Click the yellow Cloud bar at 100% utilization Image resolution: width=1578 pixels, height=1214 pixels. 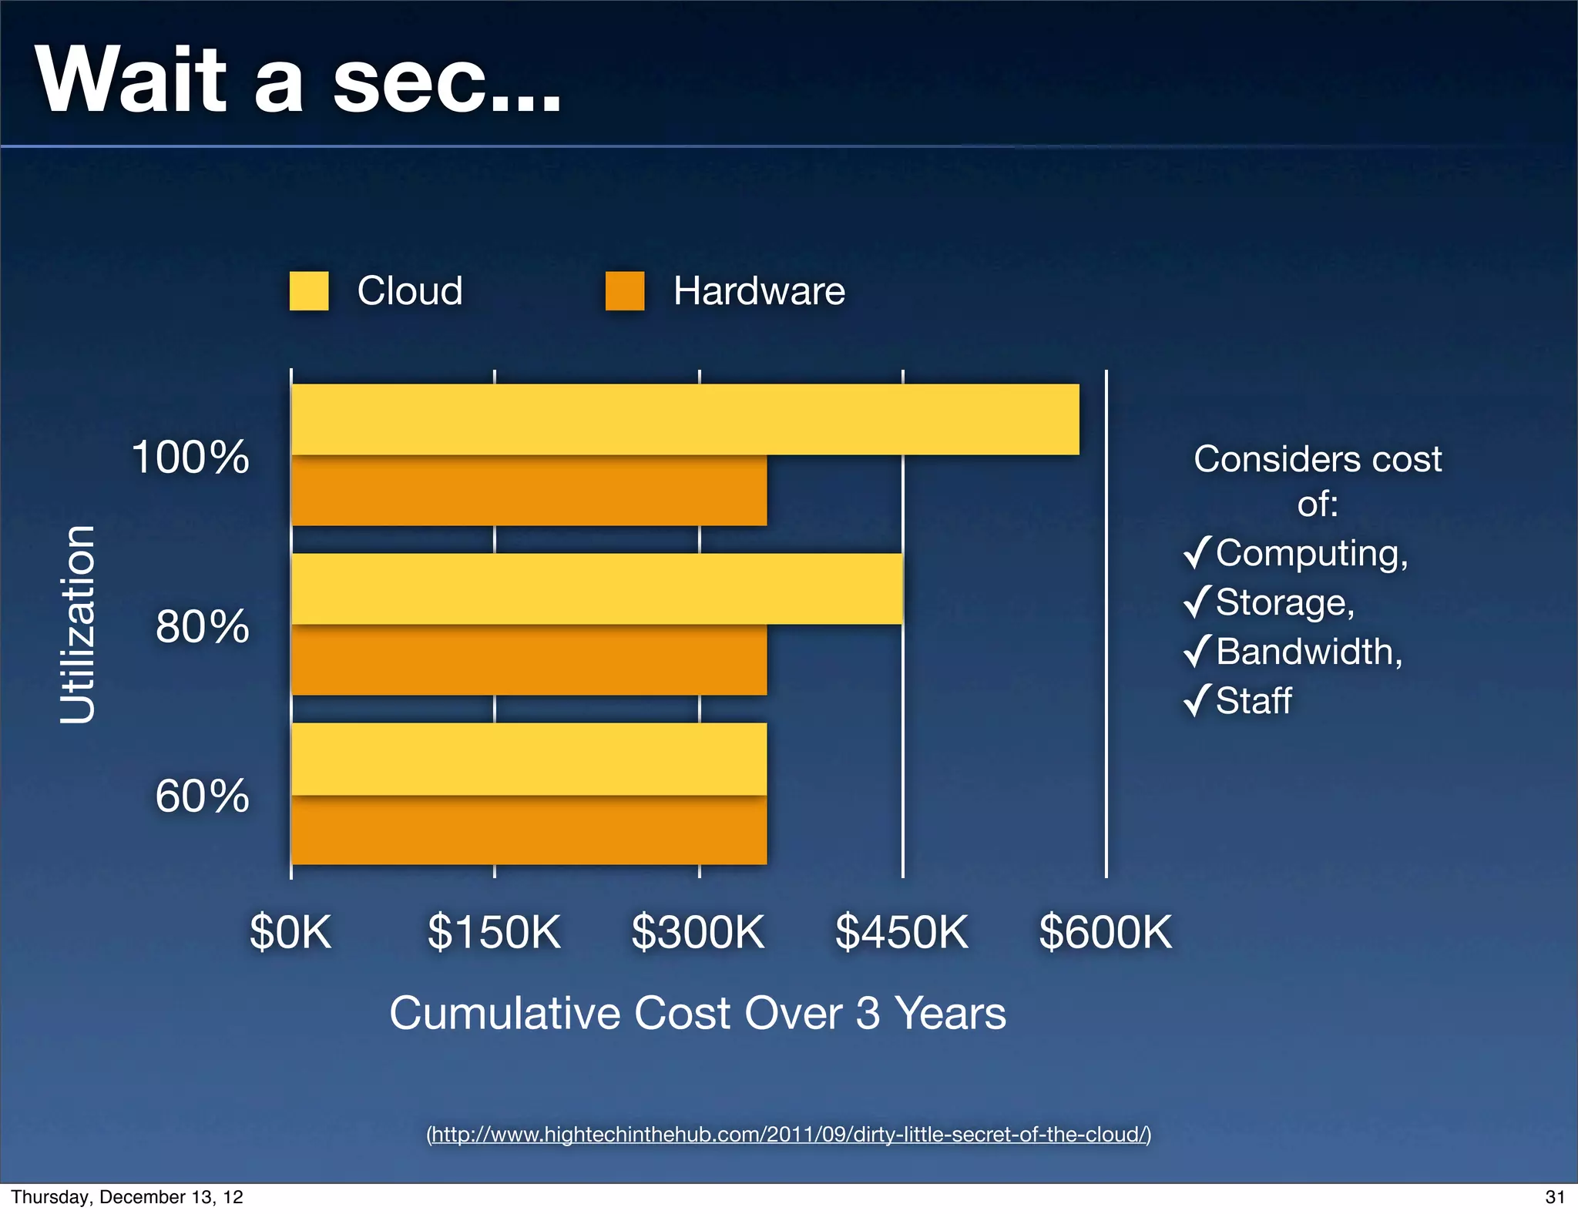click(684, 419)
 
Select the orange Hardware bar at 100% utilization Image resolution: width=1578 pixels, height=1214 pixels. click(529, 491)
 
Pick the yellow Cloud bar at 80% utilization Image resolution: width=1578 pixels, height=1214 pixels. click(596, 589)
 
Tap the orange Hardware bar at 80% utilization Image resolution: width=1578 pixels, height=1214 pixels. click(529, 661)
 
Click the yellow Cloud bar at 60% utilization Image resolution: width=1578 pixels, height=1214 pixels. click(529, 758)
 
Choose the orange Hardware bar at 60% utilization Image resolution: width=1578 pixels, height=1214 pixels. click(529, 830)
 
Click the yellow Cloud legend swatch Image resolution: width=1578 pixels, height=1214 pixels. click(309, 291)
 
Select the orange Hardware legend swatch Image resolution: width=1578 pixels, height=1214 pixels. click(624, 291)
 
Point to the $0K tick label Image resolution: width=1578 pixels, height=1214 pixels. click(290, 932)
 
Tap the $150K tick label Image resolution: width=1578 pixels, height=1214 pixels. click(494, 932)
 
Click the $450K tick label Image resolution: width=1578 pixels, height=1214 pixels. click(901, 932)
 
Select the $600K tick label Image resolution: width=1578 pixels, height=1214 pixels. click(1105, 932)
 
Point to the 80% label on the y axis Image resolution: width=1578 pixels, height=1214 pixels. click(203, 626)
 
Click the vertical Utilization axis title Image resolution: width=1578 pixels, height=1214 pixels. click(78, 625)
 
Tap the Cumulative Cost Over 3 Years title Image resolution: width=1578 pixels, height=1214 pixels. click(697, 1013)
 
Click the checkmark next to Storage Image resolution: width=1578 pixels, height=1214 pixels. click(1197, 602)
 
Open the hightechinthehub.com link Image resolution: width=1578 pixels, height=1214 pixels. click(789, 1134)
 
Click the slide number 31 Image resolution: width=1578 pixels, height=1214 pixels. click(1555, 1197)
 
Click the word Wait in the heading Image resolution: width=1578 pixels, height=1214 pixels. click(131, 80)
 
